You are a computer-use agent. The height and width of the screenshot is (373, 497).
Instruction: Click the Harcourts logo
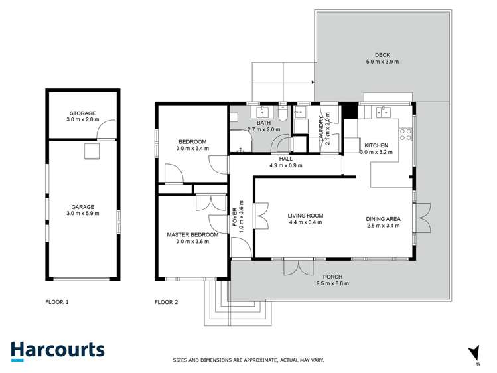(x=57, y=350)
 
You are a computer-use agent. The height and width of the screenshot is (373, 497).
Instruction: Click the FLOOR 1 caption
(x=56, y=302)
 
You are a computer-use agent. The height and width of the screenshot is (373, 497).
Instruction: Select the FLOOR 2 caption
(x=166, y=302)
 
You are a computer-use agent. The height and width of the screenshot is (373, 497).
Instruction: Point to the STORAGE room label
(x=82, y=113)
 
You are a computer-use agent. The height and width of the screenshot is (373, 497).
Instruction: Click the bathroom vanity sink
(x=264, y=112)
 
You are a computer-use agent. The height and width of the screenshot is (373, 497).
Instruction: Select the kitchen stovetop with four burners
(x=405, y=135)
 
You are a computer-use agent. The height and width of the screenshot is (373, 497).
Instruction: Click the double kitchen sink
(x=384, y=112)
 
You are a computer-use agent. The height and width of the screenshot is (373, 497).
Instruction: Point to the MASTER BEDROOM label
(x=192, y=234)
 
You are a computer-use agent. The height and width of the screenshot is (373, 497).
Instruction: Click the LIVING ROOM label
(x=305, y=216)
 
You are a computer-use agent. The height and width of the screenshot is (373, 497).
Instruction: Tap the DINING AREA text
(x=384, y=216)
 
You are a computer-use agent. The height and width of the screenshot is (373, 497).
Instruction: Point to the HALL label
(x=285, y=159)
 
